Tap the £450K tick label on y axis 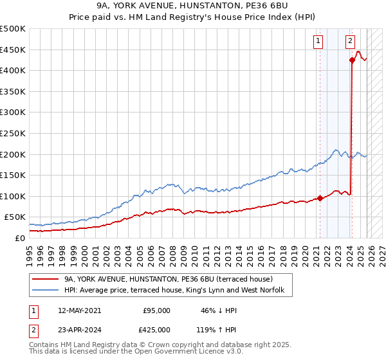tap(13, 50)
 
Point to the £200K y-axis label tap(13, 154)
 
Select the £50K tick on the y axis tap(15, 217)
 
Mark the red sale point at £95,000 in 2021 tap(320, 198)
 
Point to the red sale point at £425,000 tap(352, 60)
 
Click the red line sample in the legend tap(46, 279)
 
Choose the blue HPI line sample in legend tap(46, 291)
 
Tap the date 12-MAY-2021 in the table tap(79, 310)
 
